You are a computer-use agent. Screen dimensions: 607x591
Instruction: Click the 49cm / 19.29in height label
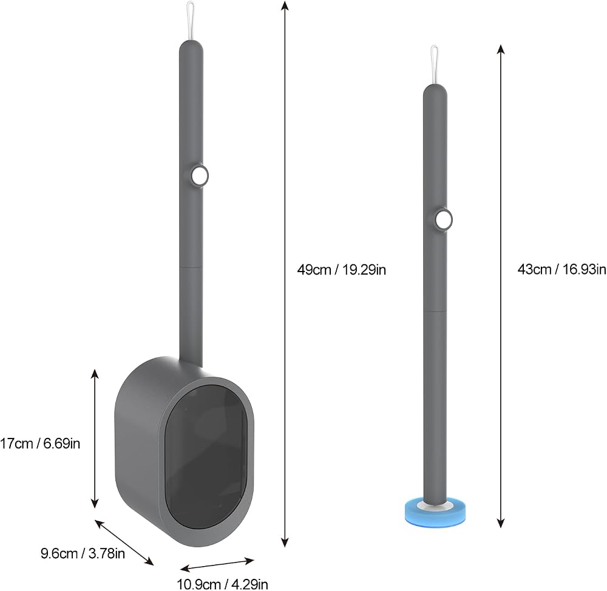coord(341,270)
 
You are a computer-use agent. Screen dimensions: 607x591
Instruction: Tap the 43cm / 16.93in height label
coord(562,269)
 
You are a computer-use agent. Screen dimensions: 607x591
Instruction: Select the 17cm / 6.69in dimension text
coord(40,443)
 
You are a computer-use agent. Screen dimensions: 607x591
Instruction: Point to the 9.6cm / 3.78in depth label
coord(83,553)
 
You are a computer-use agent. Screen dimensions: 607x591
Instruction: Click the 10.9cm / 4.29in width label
coord(222,584)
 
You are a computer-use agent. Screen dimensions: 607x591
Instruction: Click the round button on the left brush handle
coord(200,176)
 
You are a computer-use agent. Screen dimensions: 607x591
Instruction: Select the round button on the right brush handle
coord(444,220)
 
